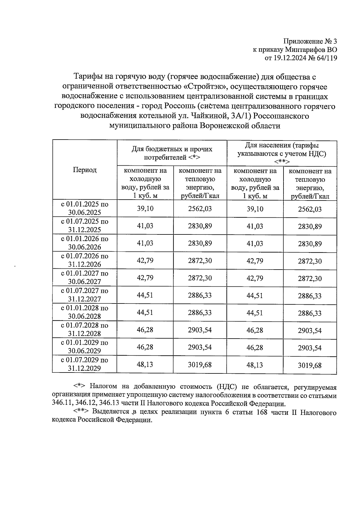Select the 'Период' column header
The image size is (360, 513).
[85, 170]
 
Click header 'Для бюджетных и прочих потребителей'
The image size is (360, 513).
[172, 153]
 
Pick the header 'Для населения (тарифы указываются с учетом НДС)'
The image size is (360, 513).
[282, 153]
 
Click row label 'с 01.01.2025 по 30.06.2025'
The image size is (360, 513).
[85, 208]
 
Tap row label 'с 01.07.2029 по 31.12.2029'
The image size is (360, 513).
[85, 364]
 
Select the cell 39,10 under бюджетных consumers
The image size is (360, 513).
[145, 208]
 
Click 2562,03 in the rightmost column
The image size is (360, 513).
[310, 209]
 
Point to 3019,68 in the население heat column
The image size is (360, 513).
[310, 365]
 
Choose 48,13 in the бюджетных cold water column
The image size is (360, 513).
[145, 364]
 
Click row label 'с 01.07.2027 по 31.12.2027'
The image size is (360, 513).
[85, 295]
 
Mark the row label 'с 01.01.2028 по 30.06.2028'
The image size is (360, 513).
[85, 312]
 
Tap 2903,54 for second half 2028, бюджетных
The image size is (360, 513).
[200, 330]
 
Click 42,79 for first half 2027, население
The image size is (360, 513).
[255, 278]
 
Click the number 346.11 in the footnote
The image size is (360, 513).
[61, 404]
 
